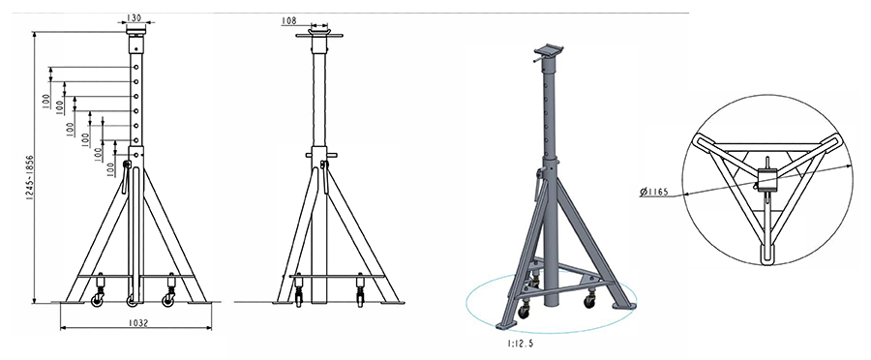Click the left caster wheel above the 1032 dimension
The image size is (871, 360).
(99, 301)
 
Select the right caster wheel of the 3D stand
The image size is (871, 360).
(588, 301)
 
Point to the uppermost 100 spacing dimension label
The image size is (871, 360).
(46, 99)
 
